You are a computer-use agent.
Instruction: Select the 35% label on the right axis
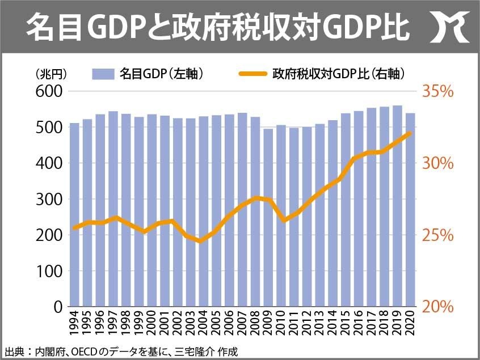(x=437, y=91)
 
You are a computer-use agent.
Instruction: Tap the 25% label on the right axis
(x=437, y=235)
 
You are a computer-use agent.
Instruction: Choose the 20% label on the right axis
(x=437, y=307)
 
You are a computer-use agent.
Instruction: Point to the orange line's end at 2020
(x=410, y=133)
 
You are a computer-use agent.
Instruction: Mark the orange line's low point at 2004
(x=203, y=241)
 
